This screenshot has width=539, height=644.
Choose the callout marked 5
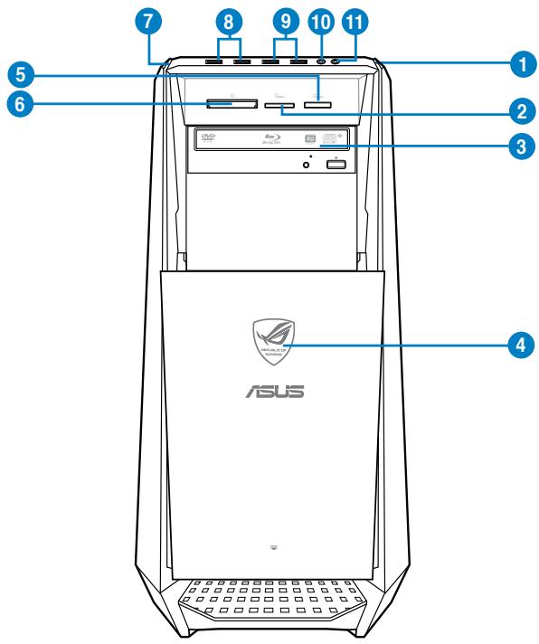coord(17,73)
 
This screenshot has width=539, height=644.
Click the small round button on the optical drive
coord(307,164)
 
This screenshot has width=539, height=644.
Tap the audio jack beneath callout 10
coord(321,62)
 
